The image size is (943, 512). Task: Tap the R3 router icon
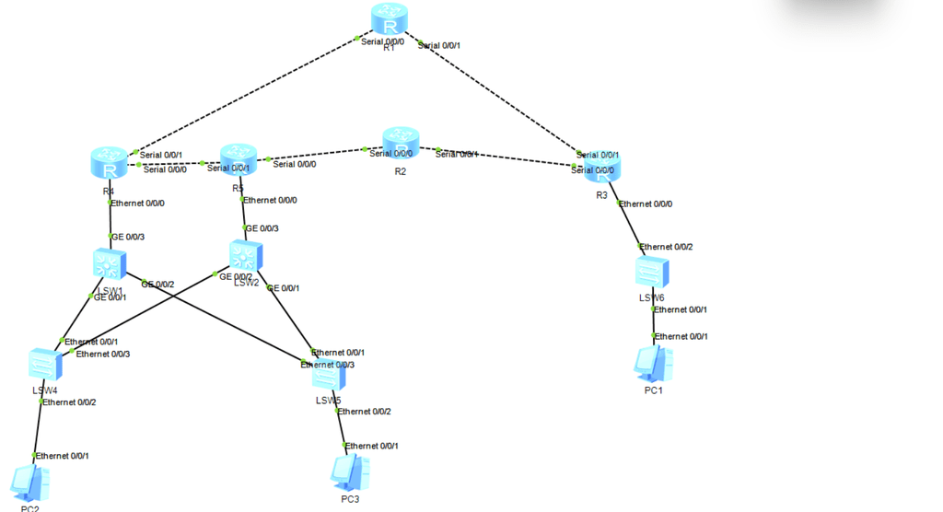coord(602,169)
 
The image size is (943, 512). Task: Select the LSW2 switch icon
coord(246,257)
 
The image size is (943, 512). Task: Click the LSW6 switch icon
coord(652,273)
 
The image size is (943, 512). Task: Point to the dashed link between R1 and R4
coord(244,96)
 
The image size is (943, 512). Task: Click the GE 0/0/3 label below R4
coord(128,237)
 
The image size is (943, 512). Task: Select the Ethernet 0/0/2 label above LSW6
coord(667,247)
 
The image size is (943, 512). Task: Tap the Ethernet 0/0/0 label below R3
coord(646,204)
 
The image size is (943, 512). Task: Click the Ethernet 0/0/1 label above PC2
coord(64,456)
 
